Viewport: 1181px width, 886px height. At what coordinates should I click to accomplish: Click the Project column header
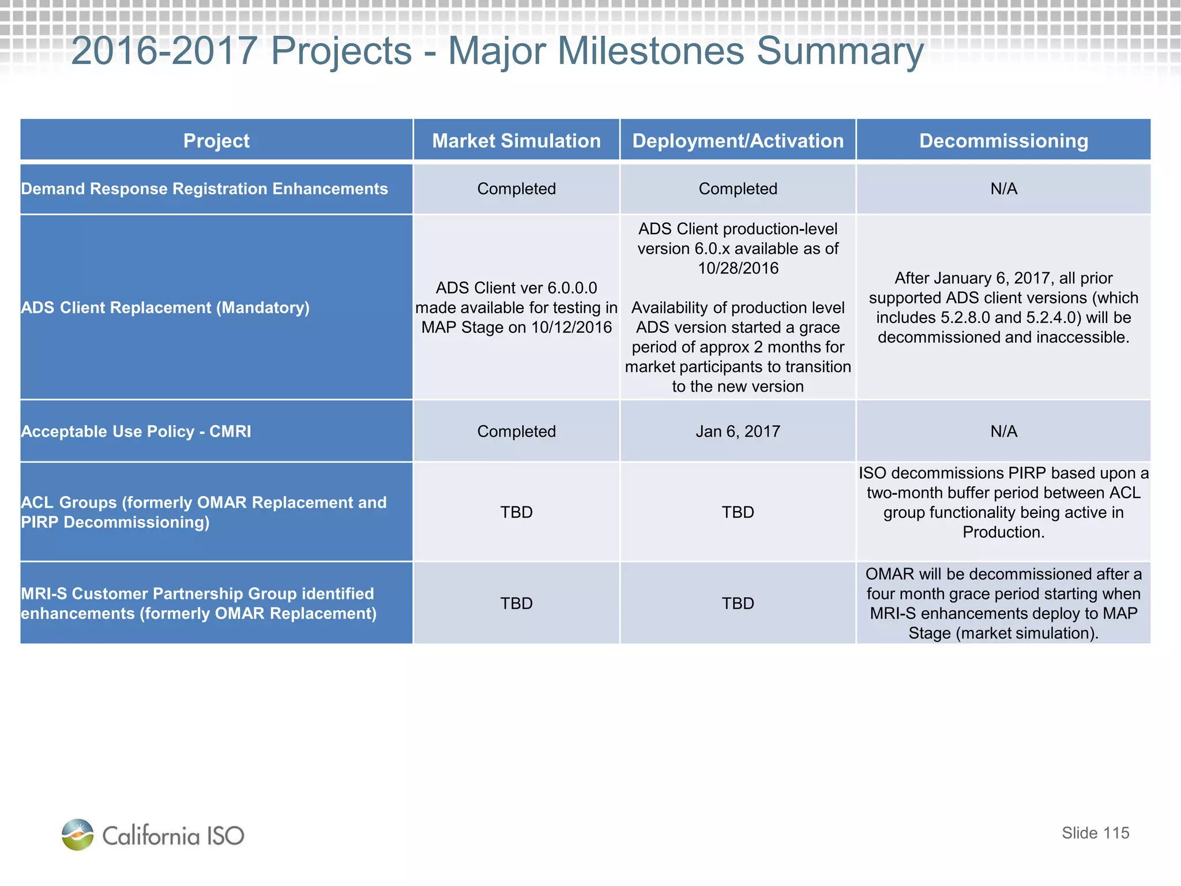(x=216, y=141)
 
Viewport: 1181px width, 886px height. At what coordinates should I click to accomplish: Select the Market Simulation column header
(x=516, y=141)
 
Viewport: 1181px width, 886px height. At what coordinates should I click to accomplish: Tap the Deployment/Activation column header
(x=738, y=141)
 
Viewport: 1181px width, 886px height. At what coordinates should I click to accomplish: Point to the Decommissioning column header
(x=1003, y=141)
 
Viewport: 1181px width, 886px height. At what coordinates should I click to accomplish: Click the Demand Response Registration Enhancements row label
(x=204, y=189)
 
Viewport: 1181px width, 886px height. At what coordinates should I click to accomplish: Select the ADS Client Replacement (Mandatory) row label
(x=165, y=307)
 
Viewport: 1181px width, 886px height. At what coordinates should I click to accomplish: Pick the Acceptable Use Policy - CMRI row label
(x=136, y=431)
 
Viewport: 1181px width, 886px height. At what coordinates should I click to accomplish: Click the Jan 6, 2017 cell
(x=738, y=431)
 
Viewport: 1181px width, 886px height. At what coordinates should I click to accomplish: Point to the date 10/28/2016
(x=738, y=268)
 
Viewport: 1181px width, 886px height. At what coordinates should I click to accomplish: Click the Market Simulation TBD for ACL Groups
(x=516, y=512)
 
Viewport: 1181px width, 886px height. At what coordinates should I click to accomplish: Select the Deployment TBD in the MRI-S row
(x=738, y=603)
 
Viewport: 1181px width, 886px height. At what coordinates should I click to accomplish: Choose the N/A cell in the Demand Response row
(x=1003, y=189)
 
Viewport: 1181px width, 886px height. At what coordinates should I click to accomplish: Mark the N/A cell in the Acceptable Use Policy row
(x=1003, y=431)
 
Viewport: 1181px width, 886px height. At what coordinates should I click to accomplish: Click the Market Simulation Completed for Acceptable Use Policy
(x=516, y=431)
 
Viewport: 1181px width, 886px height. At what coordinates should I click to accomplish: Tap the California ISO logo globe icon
(x=77, y=835)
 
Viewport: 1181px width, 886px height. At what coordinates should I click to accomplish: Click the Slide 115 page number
(x=1095, y=833)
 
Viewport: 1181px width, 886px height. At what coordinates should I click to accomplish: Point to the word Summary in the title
(x=840, y=52)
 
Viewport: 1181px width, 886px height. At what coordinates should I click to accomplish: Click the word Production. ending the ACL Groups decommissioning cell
(x=1003, y=532)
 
